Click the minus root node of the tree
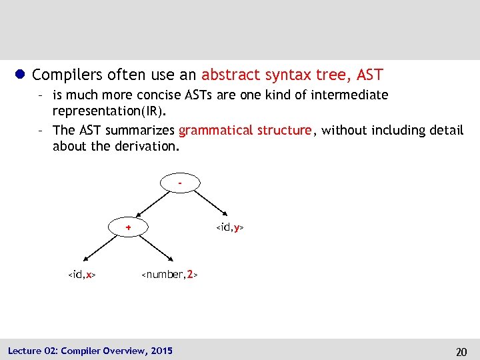pos(180,181)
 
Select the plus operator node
pos(129,227)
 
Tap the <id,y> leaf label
pos(230,227)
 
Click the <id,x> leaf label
pos(82,274)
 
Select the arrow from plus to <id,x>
pos(101,248)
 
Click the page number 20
pos(461,351)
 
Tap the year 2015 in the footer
pos(161,351)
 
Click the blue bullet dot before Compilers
pos(20,75)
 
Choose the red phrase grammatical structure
pos(245,131)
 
